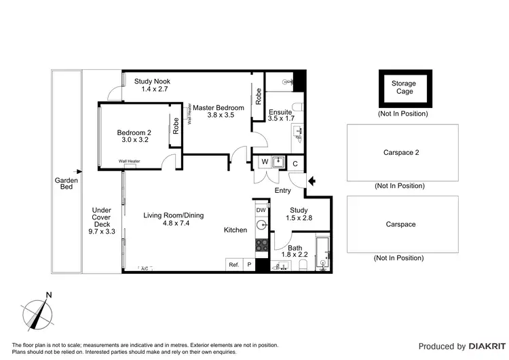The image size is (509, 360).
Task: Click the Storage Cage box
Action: click(403, 88)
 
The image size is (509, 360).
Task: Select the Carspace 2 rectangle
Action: click(402, 153)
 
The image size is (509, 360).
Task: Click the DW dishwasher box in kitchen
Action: click(261, 211)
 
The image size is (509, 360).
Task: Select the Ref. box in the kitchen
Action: click(233, 265)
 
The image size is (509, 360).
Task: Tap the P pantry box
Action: click(248, 265)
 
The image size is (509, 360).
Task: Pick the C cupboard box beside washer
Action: click(295, 163)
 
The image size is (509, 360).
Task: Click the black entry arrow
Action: click(312, 181)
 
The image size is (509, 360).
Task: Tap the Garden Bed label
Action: click(67, 184)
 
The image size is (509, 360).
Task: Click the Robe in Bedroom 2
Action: click(175, 125)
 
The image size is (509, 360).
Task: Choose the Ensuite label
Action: click(280, 112)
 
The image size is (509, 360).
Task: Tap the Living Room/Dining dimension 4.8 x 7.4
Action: click(173, 222)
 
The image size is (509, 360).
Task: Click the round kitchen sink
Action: click(261, 226)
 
